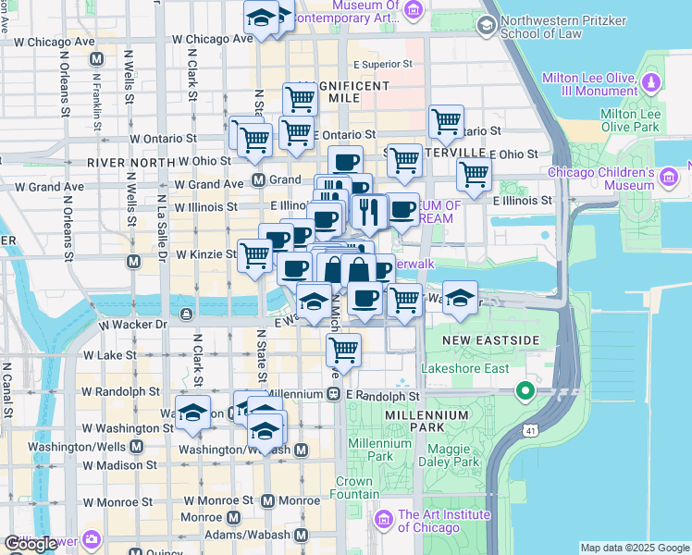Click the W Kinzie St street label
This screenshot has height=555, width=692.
(206, 253)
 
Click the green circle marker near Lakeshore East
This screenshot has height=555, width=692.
(525, 391)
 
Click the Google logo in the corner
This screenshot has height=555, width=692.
(31, 544)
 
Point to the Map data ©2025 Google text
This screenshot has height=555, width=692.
(636, 548)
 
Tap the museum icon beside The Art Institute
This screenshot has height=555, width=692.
(384, 522)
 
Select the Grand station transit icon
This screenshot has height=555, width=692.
(259, 179)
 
